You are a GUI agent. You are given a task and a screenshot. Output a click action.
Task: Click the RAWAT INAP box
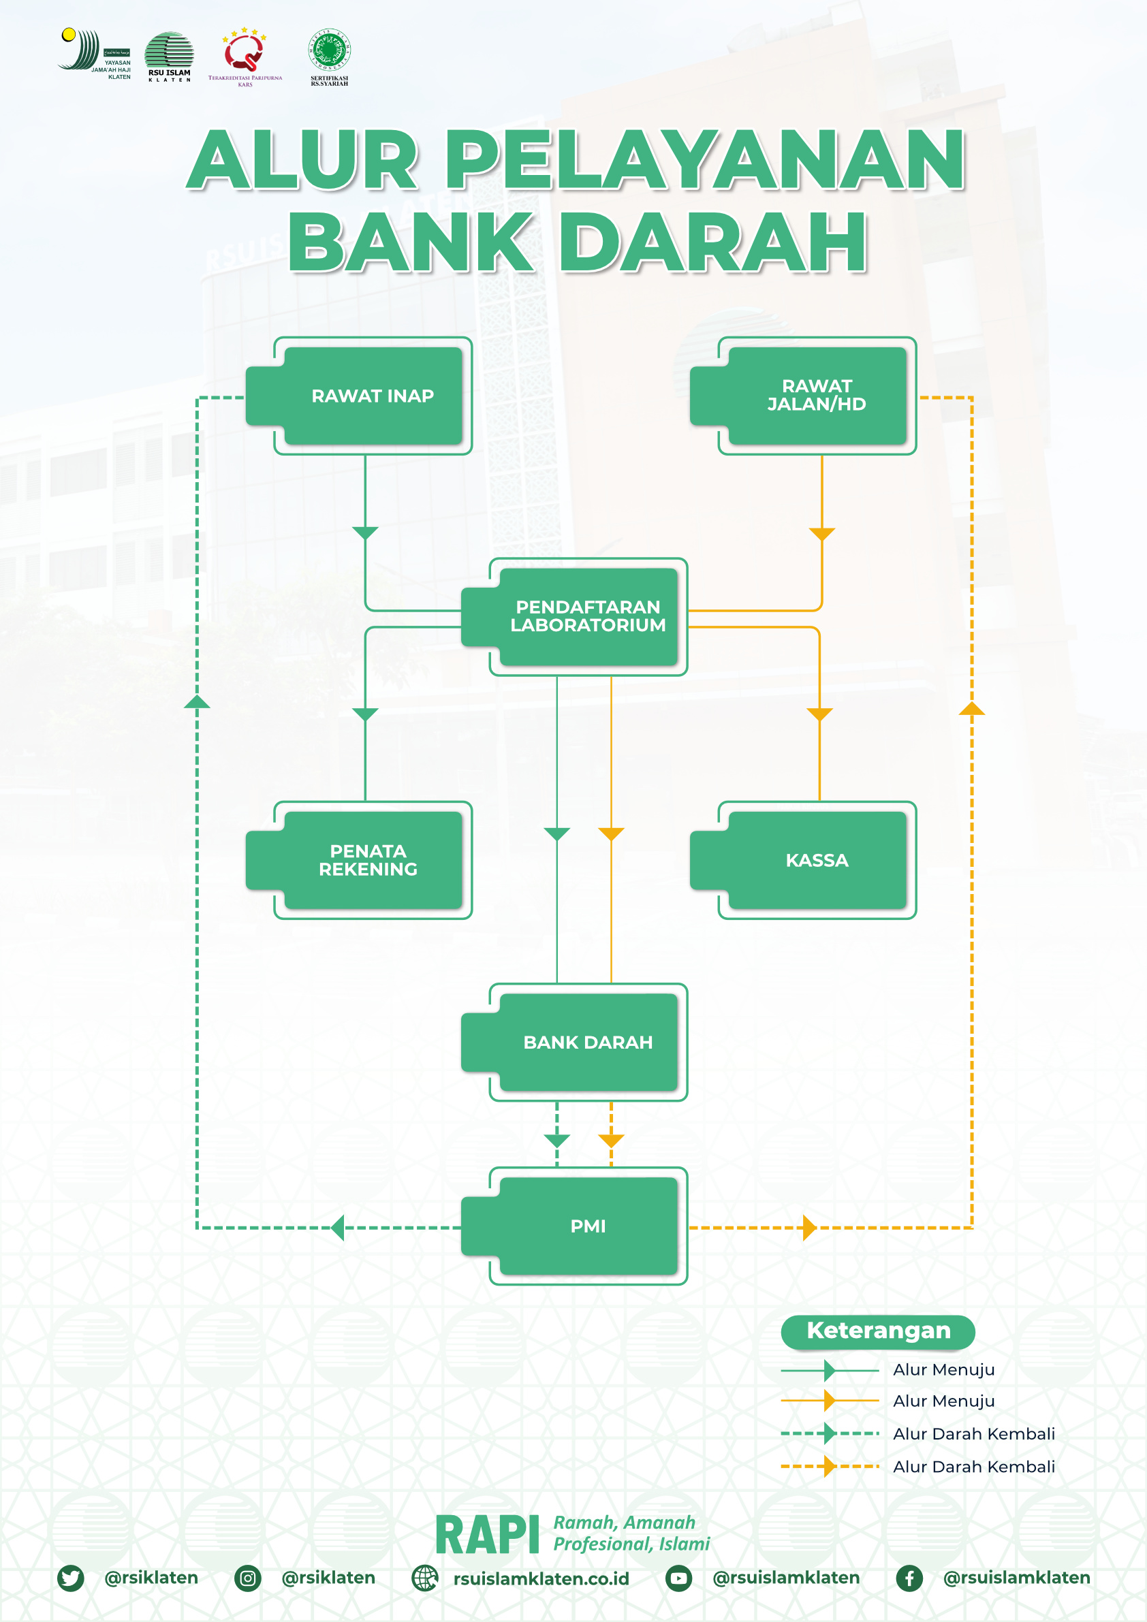click(x=373, y=396)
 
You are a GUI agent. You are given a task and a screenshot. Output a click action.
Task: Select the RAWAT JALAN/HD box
click(x=816, y=396)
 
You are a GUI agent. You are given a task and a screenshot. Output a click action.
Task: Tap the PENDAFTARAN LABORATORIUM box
click(x=587, y=616)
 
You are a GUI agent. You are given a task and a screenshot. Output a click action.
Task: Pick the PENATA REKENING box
click(x=368, y=860)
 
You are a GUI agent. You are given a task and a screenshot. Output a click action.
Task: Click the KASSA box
click(x=816, y=860)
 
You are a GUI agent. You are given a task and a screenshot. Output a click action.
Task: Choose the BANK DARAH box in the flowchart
click(x=587, y=1042)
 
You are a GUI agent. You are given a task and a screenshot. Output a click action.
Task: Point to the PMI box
click(x=587, y=1226)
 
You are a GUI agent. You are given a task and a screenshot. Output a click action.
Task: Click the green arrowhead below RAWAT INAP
click(x=365, y=532)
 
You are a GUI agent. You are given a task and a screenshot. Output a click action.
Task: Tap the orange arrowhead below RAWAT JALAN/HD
click(x=822, y=533)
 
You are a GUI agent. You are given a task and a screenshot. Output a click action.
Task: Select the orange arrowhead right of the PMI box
click(x=810, y=1228)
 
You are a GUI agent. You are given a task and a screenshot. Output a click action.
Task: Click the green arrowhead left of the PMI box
click(x=338, y=1228)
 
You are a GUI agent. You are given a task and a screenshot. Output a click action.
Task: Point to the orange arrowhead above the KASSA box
click(x=820, y=714)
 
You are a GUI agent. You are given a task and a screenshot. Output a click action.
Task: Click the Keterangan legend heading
click(x=878, y=1331)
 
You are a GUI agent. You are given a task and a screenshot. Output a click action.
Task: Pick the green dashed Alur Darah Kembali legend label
click(x=973, y=1433)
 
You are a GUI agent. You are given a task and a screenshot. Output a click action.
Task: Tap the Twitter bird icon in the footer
click(x=71, y=1578)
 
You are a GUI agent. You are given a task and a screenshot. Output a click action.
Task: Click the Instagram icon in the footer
click(x=248, y=1578)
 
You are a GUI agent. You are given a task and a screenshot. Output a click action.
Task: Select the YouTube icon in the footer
click(x=678, y=1578)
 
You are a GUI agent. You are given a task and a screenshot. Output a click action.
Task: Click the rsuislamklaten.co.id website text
click(x=541, y=1578)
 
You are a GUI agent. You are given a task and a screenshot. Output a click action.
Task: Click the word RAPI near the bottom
click(x=487, y=1535)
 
